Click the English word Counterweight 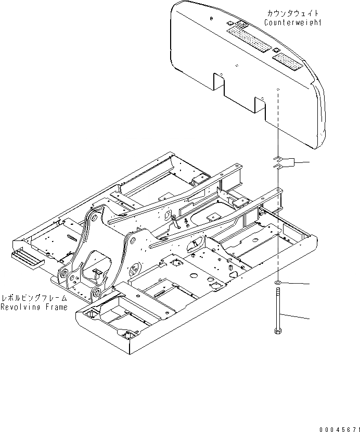point(293,22)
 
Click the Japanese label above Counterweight point(293,13)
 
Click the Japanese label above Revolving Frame point(34,298)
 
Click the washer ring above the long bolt point(278,282)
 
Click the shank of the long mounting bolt point(278,307)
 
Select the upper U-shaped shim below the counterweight point(279,158)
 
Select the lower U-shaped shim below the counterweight point(278,166)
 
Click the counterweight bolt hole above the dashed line point(278,90)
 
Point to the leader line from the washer point(297,283)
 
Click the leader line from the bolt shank point(297,315)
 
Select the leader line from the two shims point(302,162)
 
